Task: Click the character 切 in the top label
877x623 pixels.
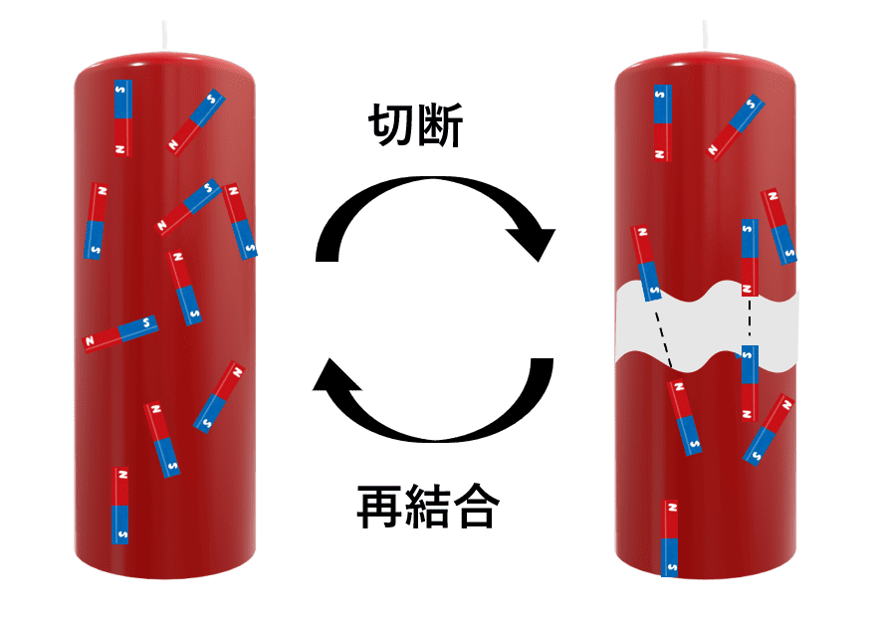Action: [391, 127]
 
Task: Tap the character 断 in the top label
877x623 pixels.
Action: [439, 127]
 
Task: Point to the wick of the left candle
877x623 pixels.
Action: [163, 33]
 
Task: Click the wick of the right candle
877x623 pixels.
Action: [706, 33]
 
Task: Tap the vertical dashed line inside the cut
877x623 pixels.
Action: [749, 320]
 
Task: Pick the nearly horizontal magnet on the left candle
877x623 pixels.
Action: [120, 333]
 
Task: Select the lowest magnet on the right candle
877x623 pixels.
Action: [670, 537]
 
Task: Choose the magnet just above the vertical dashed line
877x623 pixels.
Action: [750, 257]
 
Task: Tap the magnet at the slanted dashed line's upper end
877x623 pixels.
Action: [645, 263]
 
